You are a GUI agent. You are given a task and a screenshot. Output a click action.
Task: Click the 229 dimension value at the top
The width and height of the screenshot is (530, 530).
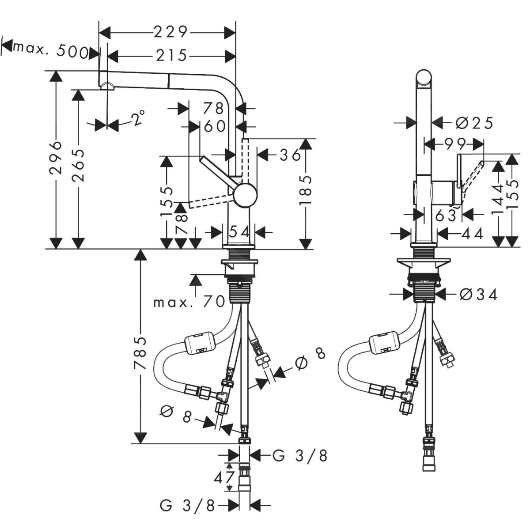click(x=170, y=32)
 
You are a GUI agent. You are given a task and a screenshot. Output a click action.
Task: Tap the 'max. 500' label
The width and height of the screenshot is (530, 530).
click(x=50, y=50)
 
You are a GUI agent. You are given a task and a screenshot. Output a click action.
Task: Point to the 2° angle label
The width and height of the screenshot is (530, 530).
click(x=138, y=118)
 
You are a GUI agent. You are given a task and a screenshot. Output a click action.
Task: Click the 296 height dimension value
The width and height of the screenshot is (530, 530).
click(x=56, y=158)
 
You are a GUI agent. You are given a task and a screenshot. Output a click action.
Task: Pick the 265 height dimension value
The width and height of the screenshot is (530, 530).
click(x=79, y=166)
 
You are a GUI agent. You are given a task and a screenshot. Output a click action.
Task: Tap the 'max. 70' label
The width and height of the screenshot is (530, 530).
click(x=189, y=303)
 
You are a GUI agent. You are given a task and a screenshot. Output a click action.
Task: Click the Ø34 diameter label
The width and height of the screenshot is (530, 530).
click(x=478, y=294)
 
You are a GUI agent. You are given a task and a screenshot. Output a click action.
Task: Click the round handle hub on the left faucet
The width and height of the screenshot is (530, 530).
click(x=245, y=195)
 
